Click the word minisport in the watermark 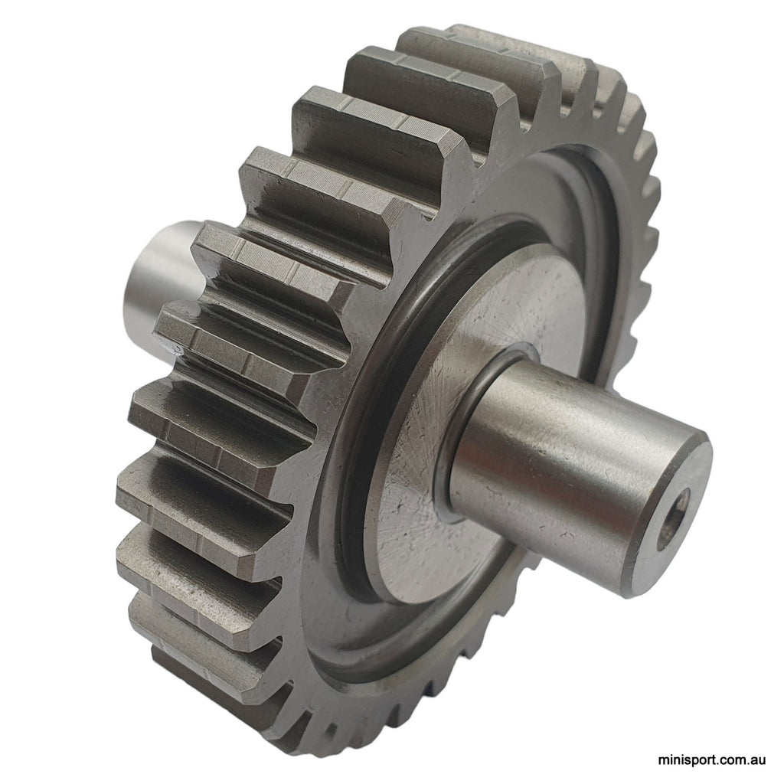(x=686, y=762)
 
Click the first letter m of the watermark (x=664, y=762)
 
